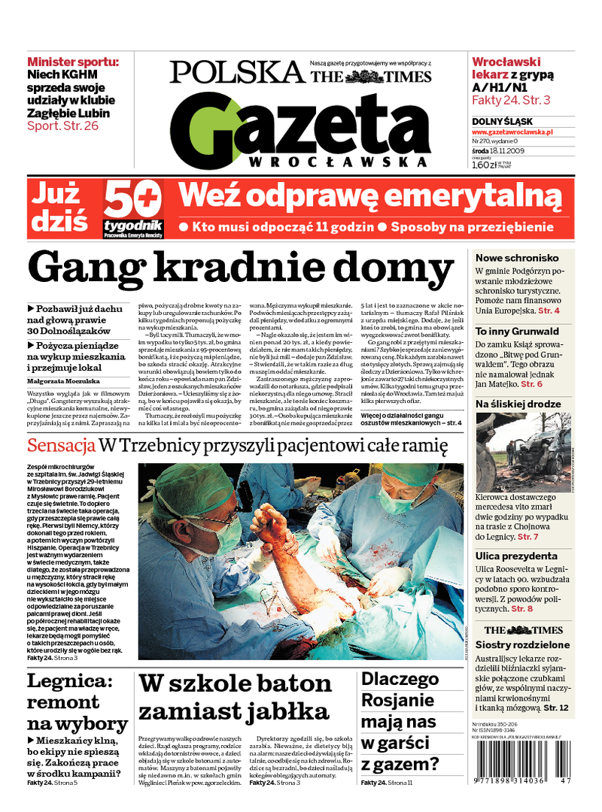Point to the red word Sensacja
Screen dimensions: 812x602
(61, 446)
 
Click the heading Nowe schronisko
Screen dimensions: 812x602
(517, 257)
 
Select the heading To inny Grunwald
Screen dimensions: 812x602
(517, 331)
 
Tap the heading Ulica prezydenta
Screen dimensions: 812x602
(516, 556)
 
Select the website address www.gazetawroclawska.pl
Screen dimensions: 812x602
(512, 132)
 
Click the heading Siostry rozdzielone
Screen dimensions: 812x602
(521, 644)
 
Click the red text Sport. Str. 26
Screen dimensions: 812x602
(62, 126)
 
